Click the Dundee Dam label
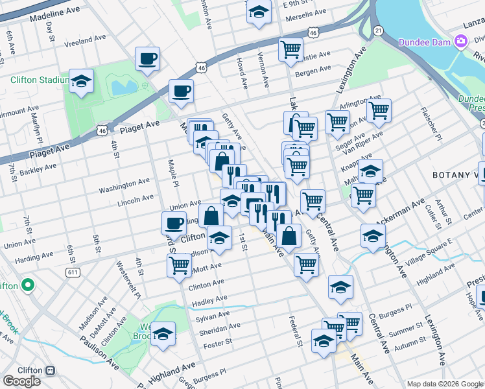point(424,42)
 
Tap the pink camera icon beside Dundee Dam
point(461,42)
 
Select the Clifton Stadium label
point(39,80)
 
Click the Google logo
point(21,381)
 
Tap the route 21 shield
point(379,30)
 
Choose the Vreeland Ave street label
point(84,38)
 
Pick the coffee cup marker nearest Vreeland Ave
point(147,59)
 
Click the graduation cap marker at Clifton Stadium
point(82,82)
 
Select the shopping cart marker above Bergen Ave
point(290,49)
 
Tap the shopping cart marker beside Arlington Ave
point(379,110)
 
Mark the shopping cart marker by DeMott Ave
point(180,265)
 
